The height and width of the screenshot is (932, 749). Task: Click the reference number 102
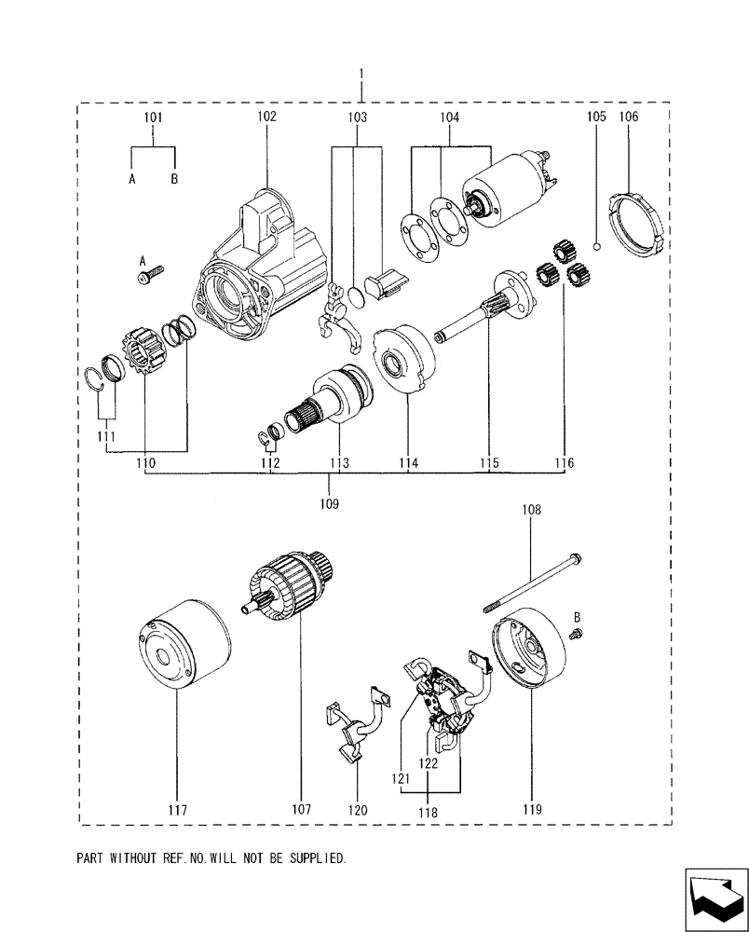tap(266, 117)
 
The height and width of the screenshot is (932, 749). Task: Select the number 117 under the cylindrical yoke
tap(177, 810)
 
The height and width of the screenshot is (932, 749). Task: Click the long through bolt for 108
tap(531, 584)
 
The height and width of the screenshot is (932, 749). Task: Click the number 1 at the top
tap(361, 73)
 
